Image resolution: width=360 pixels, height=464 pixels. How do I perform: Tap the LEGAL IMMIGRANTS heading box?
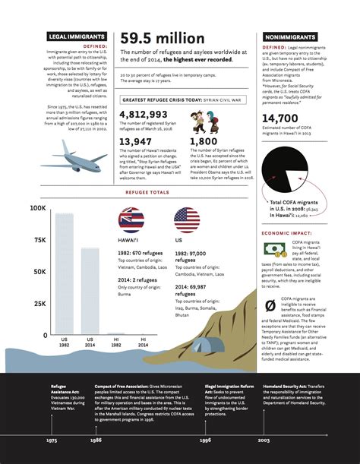71,36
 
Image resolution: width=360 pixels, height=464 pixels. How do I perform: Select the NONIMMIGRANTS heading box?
289,36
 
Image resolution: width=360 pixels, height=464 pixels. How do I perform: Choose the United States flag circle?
187,220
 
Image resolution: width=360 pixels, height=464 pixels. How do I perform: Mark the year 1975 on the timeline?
52,440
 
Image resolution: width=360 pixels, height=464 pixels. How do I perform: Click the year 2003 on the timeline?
263,440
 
